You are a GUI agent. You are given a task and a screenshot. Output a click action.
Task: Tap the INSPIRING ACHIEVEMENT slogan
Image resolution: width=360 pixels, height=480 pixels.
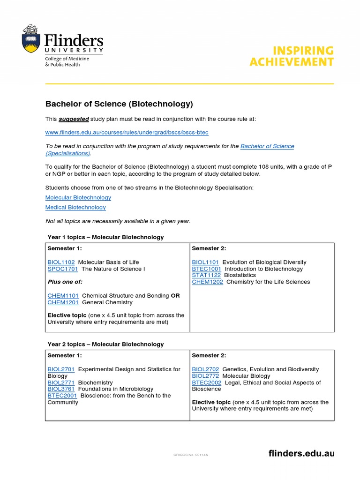[x=292, y=56]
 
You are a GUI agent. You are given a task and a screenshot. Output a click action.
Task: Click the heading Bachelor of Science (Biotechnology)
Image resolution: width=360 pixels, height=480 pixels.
[x=119, y=104]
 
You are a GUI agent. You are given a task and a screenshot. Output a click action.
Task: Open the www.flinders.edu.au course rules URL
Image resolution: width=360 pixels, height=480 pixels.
[x=127, y=133]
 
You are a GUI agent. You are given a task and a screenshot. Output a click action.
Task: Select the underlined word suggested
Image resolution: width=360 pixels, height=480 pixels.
[x=74, y=119]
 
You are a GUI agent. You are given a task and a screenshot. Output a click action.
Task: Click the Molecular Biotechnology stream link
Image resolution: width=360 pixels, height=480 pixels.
[x=78, y=198]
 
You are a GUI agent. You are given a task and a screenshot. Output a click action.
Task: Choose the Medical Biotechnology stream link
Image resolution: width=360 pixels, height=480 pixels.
[x=75, y=207]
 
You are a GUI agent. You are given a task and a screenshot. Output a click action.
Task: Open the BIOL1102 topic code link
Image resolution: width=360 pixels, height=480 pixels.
[x=61, y=262]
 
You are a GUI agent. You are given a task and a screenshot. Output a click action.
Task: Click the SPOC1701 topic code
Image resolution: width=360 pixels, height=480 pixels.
[x=63, y=269]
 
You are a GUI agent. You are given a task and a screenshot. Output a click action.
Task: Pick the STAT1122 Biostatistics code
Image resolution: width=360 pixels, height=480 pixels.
[x=206, y=275]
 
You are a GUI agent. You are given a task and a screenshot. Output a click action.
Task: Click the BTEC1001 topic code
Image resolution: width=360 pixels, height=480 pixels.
[x=206, y=269]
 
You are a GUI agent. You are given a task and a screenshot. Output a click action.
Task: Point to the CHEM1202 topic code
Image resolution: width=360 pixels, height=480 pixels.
[x=207, y=282]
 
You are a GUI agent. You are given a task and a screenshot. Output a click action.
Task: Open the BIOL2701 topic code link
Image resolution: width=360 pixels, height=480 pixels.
[x=61, y=369]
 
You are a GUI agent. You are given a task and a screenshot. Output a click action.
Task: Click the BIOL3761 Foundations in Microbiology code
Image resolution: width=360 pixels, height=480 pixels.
[x=61, y=389]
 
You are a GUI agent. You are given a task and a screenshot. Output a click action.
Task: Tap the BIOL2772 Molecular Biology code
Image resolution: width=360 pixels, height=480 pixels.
[x=205, y=376]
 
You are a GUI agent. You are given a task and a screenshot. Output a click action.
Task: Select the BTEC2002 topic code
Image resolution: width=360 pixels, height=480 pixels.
[x=207, y=382]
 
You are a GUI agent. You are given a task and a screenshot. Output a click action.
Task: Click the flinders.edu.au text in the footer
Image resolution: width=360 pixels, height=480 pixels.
[x=301, y=453]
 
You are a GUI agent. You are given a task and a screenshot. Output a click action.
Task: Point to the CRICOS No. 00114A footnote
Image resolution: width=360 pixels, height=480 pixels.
[x=190, y=455]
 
